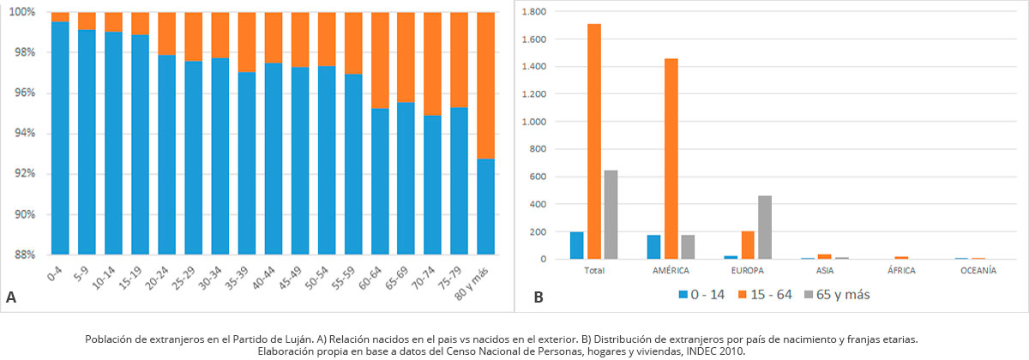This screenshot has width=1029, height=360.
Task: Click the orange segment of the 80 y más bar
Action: [x=485, y=86]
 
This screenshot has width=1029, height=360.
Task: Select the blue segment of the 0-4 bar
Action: [x=60, y=137]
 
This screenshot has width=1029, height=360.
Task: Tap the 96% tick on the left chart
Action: [x=22, y=93]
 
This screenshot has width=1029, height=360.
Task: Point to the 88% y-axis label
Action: [x=22, y=255]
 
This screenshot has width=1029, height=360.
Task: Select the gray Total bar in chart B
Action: [x=611, y=214]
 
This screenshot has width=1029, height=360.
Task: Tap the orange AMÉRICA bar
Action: [x=671, y=158]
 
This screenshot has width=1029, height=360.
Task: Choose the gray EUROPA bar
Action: [x=765, y=227]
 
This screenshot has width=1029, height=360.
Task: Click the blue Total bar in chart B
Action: [x=577, y=245]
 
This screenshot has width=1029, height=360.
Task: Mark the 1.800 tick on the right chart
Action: [x=535, y=12]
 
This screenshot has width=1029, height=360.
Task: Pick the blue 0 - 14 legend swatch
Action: [x=683, y=295]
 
